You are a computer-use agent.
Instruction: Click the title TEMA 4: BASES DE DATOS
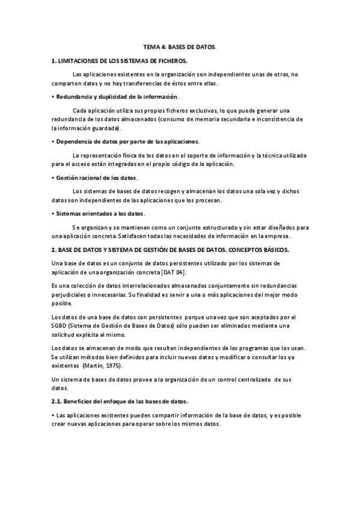[179, 46]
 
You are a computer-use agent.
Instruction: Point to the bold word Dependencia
[76, 141]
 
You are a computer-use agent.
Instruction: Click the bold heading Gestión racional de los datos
[96, 177]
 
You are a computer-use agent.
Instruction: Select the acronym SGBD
[61, 325]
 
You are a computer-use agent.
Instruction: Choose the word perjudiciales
[70, 295]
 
